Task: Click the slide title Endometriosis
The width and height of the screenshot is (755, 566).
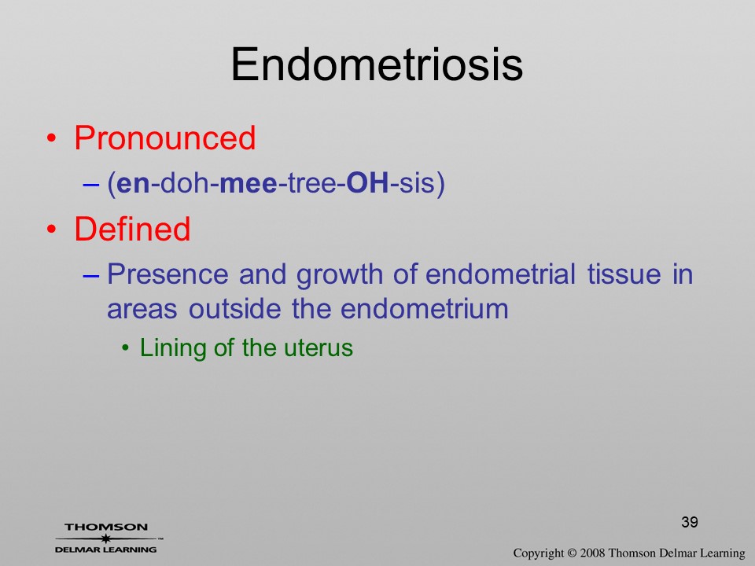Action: (x=377, y=64)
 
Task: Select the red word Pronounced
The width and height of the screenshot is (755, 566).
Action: (x=164, y=138)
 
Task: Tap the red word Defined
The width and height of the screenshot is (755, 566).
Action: (x=132, y=228)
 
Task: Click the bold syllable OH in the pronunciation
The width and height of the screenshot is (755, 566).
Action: (x=367, y=183)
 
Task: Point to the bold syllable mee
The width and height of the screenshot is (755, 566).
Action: (x=249, y=183)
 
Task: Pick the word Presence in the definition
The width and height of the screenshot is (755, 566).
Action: (x=168, y=274)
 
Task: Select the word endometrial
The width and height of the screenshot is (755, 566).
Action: (x=501, y=274)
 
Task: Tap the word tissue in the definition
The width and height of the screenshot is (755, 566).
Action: (x=624, y=274)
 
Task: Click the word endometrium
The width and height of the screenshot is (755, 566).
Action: (x=424, y=308)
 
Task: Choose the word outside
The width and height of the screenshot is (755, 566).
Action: (x=234, y=308)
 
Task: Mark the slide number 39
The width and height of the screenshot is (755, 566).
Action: (x=690, y=522)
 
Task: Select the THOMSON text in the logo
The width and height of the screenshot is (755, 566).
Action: (x=106, y=527)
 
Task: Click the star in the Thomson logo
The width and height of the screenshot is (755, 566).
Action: (x=106, y=538)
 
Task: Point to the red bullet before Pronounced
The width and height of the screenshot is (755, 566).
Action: (x=52, y=138)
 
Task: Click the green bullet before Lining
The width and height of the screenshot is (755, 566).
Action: (x=126, y=348)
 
